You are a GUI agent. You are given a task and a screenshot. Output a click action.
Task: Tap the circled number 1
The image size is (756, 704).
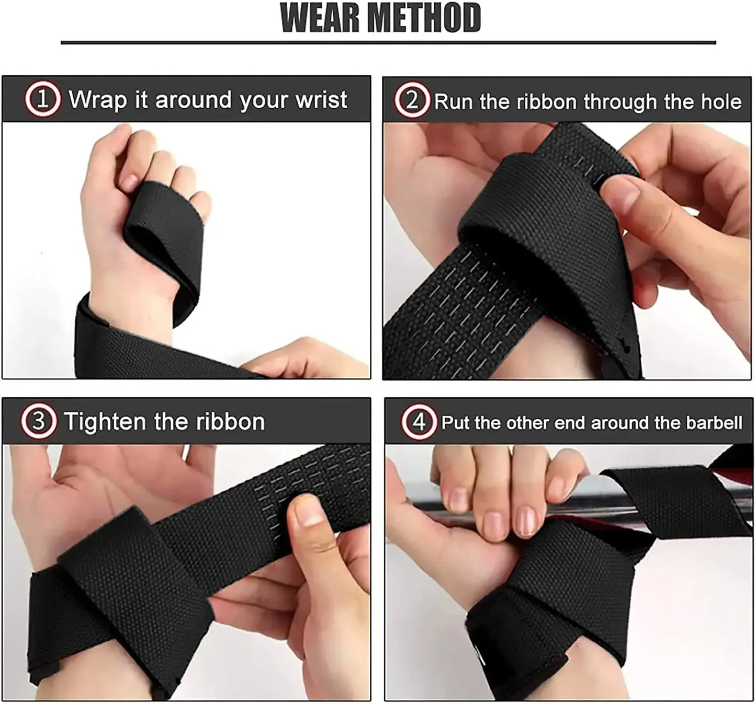tap(42, 99)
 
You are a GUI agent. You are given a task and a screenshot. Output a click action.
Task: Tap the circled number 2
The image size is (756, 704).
tap(412, 100)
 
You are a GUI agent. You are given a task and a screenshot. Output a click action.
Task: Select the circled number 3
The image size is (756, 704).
tap(39, 421)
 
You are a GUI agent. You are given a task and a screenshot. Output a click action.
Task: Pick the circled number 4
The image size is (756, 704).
tap(419, 422)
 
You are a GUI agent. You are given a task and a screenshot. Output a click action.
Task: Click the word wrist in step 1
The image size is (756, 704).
tap(321, 99)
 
